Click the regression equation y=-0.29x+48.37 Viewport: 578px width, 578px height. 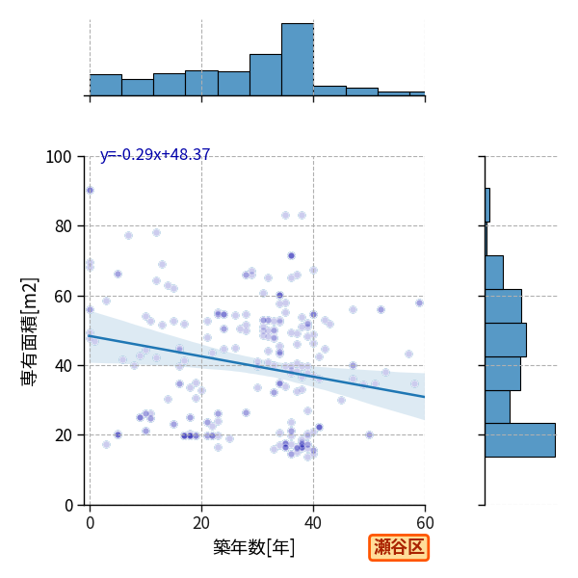coord(155,154)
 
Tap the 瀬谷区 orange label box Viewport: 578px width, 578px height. coord(399,548)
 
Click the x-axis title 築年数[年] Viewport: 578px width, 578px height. coord(253,547)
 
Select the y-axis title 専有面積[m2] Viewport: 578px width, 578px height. coord(29,331)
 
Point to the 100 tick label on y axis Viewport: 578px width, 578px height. coord(58,157)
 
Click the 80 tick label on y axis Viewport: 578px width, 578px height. coord(63,226)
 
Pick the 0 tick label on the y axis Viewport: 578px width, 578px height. coord(68,506)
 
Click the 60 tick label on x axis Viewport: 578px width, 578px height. coord(425,523)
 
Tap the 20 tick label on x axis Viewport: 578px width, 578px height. coord(201,523)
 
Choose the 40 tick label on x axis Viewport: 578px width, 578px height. coord(313,523)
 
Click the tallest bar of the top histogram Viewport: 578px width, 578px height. coord(298,60)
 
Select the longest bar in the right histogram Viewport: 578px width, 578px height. coord(520,440)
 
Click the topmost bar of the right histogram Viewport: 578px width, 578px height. coord(487,205)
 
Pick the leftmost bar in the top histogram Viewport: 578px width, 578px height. coord(106,85)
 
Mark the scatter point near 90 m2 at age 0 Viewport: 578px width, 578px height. coord(90,190)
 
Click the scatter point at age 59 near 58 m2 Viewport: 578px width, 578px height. coord(419,303)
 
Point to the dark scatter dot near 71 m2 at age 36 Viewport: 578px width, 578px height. coord(291,256)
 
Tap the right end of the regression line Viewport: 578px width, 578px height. coord(425,397)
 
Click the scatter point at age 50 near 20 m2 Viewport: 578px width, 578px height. coord(369,435)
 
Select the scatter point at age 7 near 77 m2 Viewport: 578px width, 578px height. coord(128,236)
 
